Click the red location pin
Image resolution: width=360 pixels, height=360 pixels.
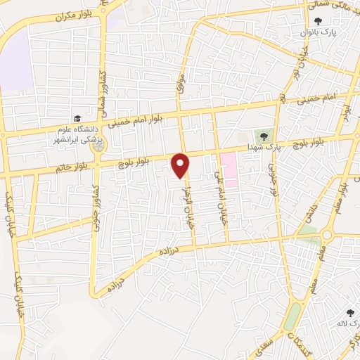tap(181, 165)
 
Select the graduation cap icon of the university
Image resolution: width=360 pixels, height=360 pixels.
tap(77, 118)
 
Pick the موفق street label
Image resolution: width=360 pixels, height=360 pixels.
tap(181, 85)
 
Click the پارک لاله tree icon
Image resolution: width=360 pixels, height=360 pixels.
tap(349, 312)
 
